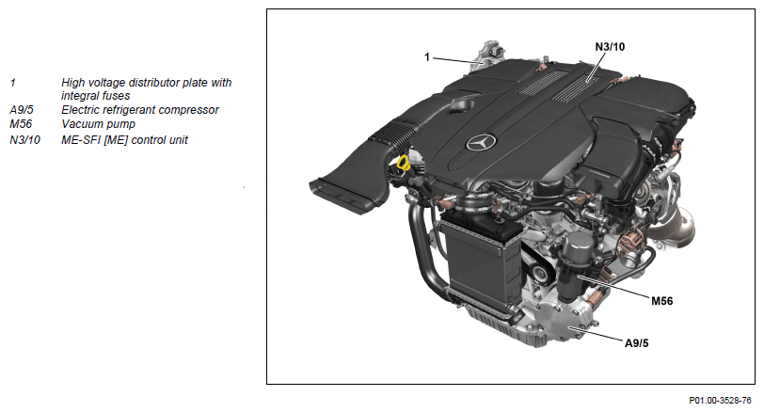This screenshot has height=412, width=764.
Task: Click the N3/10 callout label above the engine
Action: pyautogui.click(x=610, y=47)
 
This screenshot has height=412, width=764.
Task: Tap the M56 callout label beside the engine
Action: pyautogui.click(x=661, y=301)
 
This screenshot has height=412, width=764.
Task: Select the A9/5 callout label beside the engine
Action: pyautogui.click(x=636, y=342)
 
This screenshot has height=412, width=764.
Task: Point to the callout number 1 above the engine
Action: pyautogui.click(x=427, y=57)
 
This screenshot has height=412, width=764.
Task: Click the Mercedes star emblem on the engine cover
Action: pyautogui.click(x=481, y=142)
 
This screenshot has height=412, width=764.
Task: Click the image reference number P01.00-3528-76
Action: pyautogui.click(x=720, y=401)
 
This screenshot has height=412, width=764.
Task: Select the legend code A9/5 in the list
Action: pyautogui.click(x=22, y=110)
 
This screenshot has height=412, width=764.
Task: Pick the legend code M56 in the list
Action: pyautogui.click(x=21, y=124)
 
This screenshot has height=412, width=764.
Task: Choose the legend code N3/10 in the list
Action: pyautogui.click(x=24, y=140)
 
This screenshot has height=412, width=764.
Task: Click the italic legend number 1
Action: pyautogui.click(x=12, y=83)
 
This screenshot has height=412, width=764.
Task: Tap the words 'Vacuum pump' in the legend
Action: pyautogui.click(x=98, y=124)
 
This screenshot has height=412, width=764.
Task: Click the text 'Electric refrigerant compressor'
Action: pyautogui.click(x=140, y=110)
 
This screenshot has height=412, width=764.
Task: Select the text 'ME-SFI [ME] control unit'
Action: pyautogui.click(x=124, y=140)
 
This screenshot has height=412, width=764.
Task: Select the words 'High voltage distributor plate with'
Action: pyautogui.click(x=146, y=83)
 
